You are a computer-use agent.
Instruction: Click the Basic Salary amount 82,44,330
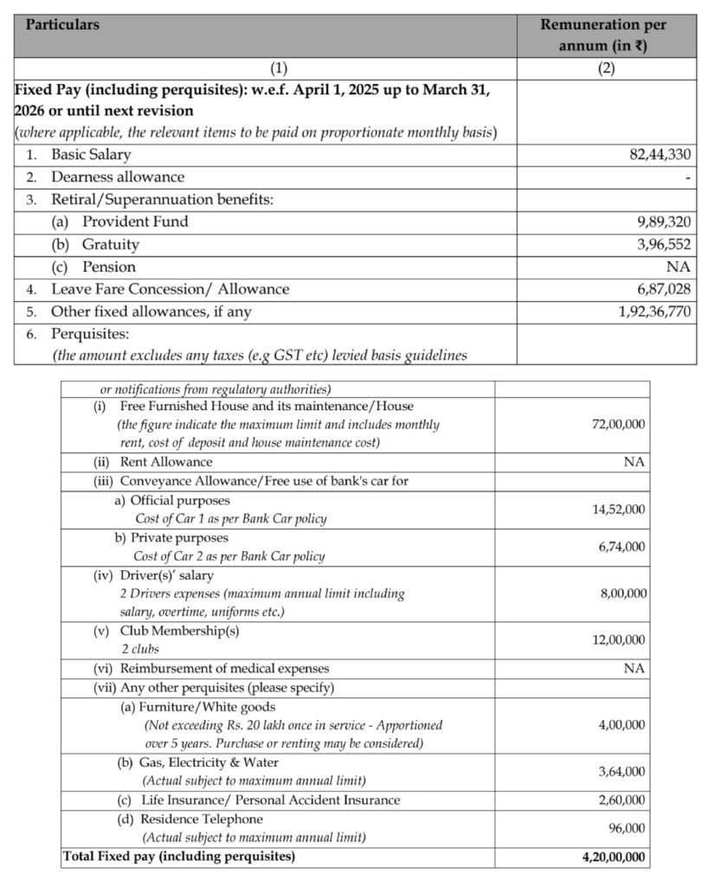661,155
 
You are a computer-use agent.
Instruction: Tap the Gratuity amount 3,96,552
663,244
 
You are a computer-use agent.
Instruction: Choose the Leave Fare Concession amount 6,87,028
663,289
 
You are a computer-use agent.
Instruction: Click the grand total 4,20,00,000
613,857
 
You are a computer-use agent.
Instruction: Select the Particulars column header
62,25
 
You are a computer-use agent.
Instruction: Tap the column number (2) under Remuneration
607,69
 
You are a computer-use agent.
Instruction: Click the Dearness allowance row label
118,177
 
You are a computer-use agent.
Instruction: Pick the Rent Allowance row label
165,462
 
